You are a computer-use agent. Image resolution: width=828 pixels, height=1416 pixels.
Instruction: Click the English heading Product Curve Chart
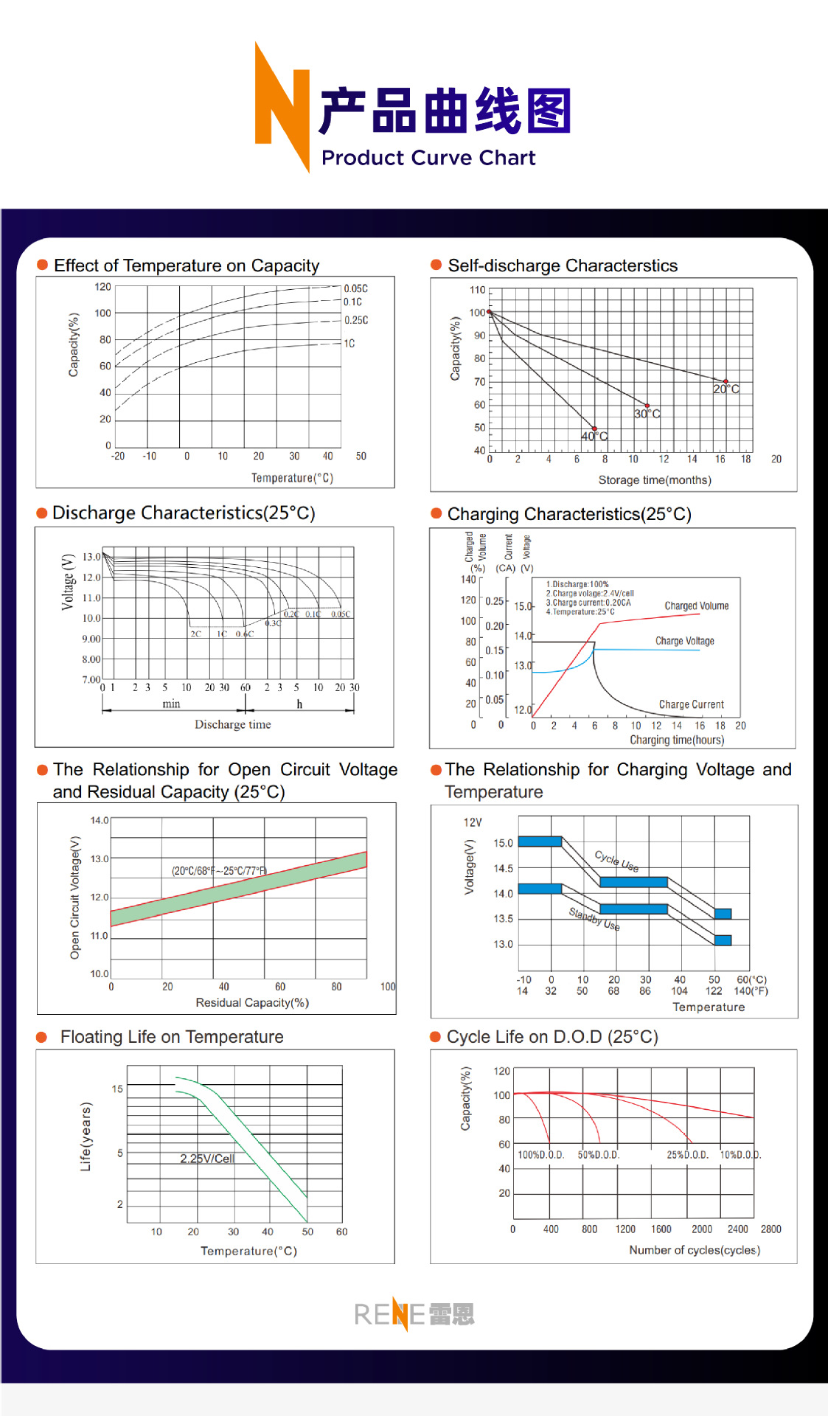[428, 158]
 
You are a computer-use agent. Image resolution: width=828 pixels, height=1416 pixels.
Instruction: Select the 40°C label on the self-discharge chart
[594, 437]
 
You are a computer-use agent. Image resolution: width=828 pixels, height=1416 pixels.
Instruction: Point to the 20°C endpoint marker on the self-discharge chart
[726, 381]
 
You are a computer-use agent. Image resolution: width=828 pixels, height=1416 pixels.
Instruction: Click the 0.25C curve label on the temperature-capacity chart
[356, 320]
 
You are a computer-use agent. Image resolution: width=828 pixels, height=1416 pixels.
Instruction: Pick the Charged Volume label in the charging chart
[696, 606]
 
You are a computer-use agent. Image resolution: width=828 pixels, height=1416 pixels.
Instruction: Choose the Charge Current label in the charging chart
[691, 705]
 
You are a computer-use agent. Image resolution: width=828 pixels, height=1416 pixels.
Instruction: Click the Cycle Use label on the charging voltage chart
[616, 861]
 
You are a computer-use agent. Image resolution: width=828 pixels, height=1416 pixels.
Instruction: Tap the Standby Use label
[594, 919]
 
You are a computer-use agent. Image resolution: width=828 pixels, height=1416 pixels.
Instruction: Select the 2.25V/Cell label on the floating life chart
[207, 1159]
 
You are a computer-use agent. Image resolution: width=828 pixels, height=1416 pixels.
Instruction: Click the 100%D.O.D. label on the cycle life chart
[540, 1155]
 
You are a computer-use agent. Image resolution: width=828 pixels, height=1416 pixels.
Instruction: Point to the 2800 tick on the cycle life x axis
[770, 1229]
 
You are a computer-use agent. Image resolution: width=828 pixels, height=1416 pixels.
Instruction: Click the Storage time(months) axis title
[655, 480]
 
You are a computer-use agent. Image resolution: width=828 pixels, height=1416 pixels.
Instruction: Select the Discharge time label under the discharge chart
[232, 725]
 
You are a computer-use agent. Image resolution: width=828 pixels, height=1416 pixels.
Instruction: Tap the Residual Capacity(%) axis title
[252, 1003]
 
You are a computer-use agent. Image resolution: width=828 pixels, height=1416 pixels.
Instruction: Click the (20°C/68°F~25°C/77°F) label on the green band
[219, 871]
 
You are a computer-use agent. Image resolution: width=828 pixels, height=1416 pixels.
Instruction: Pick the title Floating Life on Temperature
[172, 1037]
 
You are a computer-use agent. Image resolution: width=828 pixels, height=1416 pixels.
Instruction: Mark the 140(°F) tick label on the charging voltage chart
[751, 991]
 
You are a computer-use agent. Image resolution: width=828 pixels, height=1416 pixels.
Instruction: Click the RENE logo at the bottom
[414, 1314]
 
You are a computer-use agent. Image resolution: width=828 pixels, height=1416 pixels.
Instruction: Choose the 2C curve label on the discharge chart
[195, 634]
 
